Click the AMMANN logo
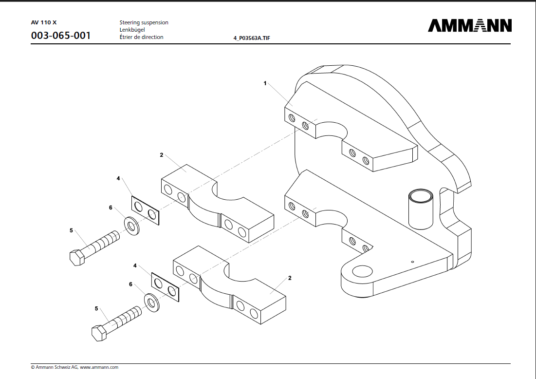tap(470, 25)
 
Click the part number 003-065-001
tap(61, 36)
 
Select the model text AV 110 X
tap(44, 22)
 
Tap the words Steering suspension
tap(144, 22)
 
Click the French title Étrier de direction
tap(141, 37)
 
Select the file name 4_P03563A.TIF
tap(252, 38)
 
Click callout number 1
tap(265, 83)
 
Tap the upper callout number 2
tap(161, 155)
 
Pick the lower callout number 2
tap(290, 278)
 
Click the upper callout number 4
tap(118, 179)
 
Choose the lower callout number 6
tap(130, 284)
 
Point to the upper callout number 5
tap(71, 230)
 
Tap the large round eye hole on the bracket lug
tap(363, 272)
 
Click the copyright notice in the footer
tap(74, 367)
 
